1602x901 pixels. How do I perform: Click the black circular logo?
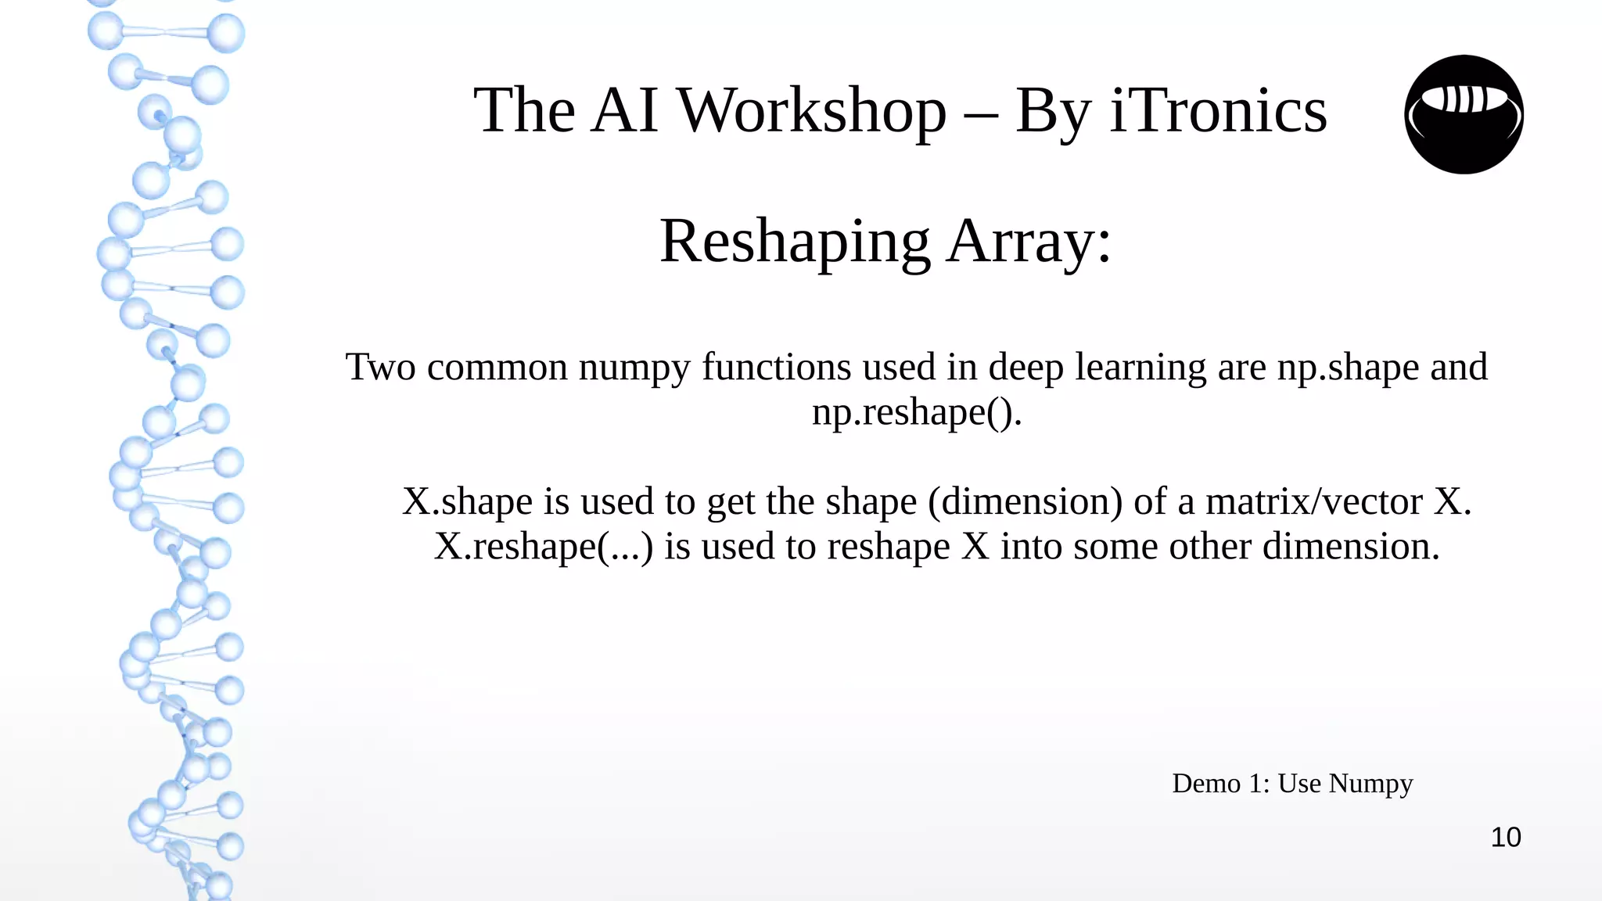[1464, 114]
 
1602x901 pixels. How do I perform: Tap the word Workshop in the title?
[811, 111]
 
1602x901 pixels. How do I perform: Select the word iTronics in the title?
[1218, 111]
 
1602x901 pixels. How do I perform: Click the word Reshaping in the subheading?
[795, 242]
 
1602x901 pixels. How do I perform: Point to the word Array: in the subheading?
[1029, 242]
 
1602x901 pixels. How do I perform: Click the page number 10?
[1506, 838]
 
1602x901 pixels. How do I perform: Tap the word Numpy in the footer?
[1370, 783]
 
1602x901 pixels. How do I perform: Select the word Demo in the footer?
[1206, 783]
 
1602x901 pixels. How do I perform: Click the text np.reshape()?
[917, 412]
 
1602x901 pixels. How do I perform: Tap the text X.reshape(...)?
[543, 547]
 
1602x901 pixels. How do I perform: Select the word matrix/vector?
[1313, 501]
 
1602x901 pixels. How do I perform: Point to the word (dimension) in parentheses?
[1025, 501]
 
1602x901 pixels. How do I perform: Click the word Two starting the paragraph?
[380, 367]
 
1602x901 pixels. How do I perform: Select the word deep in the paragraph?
[1025, 368]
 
